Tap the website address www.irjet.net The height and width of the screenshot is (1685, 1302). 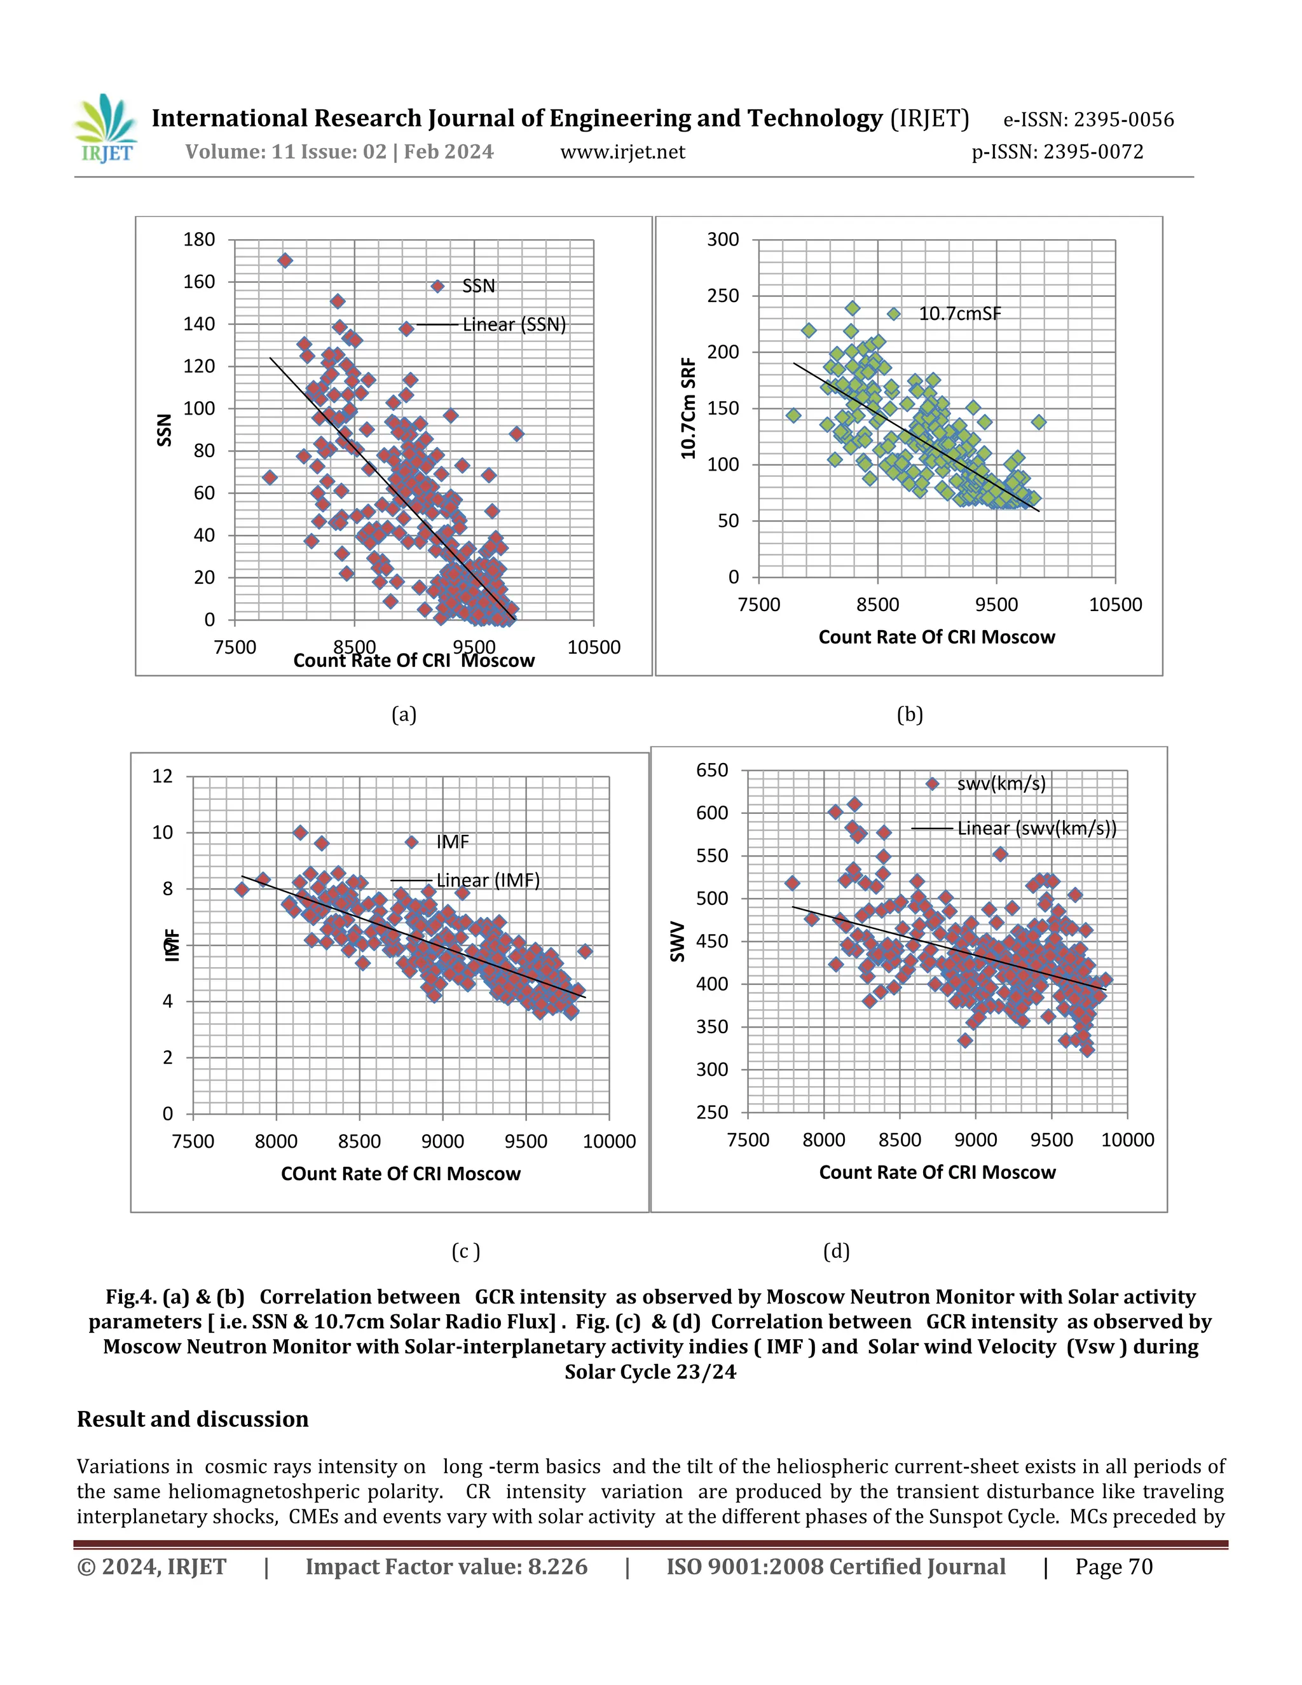pyautogui.click(x=622, y=152)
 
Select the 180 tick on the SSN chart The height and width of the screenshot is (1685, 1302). pyautogui.click(x=199, y=240)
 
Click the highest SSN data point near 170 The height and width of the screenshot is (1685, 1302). pyautogui.click(x=285, y=261)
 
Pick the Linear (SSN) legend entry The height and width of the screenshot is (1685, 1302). pyautogui.click(x=513, y=325)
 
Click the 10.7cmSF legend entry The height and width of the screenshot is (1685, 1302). pyautogui.click(x=959, y=314)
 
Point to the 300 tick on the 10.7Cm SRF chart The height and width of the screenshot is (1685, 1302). pyautogui.click(x=723, y=240)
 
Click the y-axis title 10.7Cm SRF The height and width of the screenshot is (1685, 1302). pyautogui.click(x=689, y=408)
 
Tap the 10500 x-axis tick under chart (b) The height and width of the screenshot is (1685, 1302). pyautogui.click(x=1114, y=605)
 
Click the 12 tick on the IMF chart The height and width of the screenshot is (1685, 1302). pyautogui.click(x=163, y=776)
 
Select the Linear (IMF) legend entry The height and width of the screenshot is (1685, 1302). pyautogui.click(x=487, y=880)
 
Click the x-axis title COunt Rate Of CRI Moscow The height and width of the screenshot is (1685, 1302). pyautogui.click(x=401, y=1174)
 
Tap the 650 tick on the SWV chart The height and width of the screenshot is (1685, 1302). pyautogui.click(x=711, y=770)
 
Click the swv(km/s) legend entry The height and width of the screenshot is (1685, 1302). pyautogui.click(x=1001, y=784)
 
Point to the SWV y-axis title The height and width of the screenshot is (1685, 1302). pyautogui.click(x=678, y=941)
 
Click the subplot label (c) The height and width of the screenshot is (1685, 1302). pyautogui.click(x=465, y=1251)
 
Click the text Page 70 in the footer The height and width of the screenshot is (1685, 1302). pyautogui.click(x=1113, y=1567)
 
